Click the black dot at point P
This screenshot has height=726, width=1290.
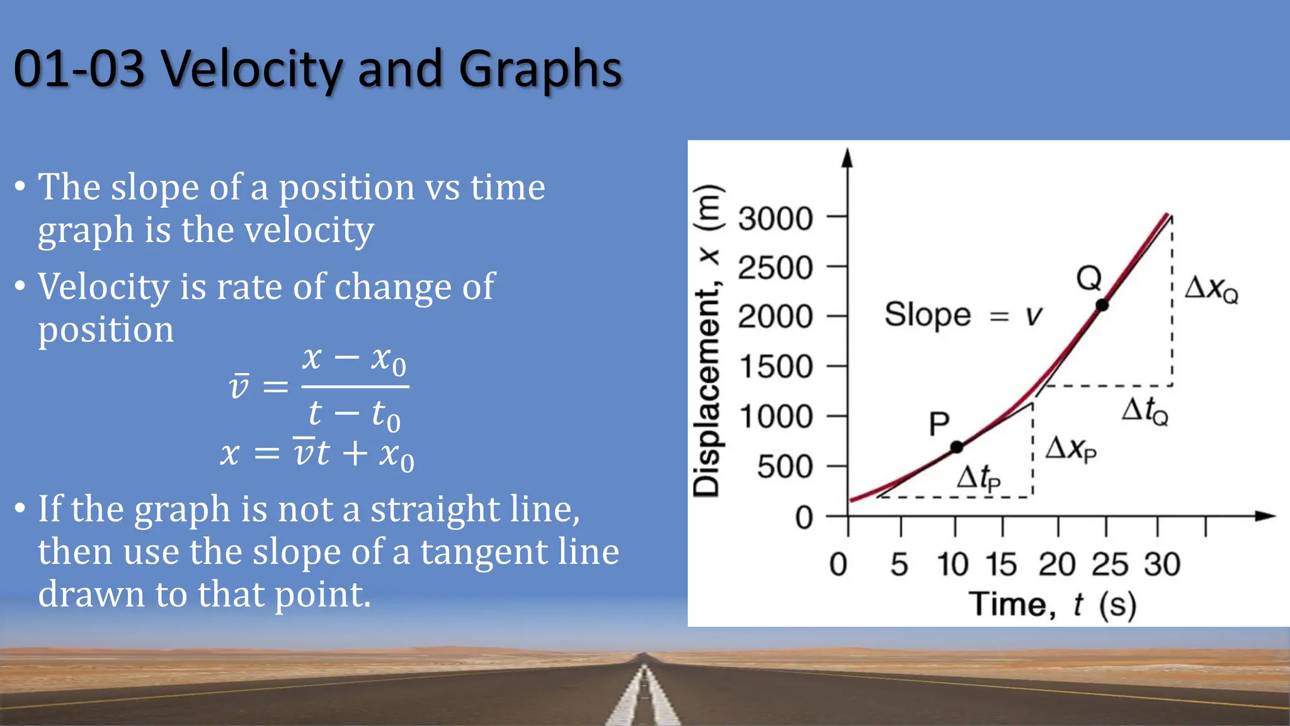(x=956, y=447)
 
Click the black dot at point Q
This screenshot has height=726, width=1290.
(x=1102, y=305)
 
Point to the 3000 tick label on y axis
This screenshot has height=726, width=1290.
(x=775, y=219)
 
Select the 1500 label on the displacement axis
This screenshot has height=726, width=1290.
(x=775, y=367)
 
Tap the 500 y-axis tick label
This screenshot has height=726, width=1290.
(x=785, y=467)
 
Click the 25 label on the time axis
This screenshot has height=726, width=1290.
(x=1110, y=564)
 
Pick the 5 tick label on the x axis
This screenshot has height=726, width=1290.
(x=899, y=564)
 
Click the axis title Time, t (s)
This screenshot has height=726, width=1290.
(x=1052, y=604)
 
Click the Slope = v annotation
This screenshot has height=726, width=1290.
(x=963, y=314)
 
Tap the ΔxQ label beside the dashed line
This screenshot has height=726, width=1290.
(x=1211, y=289)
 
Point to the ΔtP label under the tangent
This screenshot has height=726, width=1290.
(x=978, y=478)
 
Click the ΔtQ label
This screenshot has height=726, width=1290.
(x=1144, y=411)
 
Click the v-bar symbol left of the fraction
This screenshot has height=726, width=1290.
(x=239, y=386)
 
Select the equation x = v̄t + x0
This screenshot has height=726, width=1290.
(x=317, y=454)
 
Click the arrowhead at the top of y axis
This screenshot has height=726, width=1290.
(x=848, y=157)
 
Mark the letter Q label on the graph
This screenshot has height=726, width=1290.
(x=1088, y=277)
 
